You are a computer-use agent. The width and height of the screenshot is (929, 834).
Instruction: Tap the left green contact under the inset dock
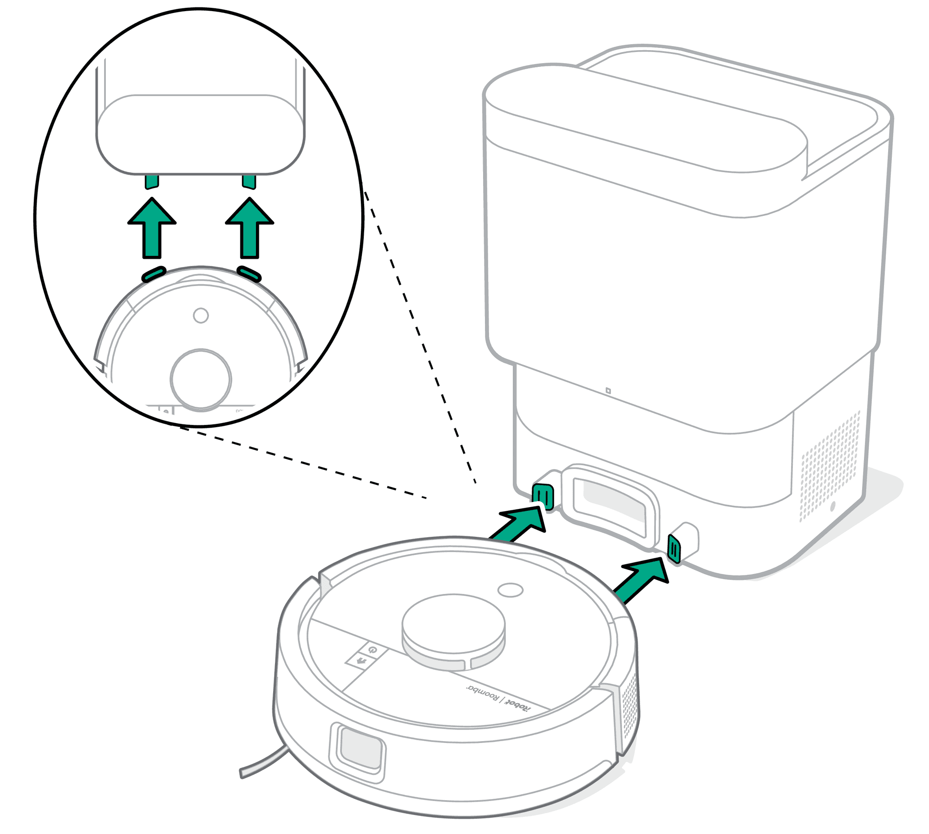click(152, 182)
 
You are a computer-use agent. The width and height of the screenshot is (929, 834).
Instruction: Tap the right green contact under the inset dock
click(249, 182)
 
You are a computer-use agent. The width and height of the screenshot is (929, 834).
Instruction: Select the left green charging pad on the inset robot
click(154, 274)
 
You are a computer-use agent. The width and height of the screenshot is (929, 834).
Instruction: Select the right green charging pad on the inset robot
click(249, 274)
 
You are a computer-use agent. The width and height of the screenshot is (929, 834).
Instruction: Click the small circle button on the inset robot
click(201, 316)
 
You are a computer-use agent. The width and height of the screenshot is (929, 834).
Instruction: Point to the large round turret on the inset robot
click(201, 379)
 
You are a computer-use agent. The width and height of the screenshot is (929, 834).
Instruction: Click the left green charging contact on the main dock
click(543, 496)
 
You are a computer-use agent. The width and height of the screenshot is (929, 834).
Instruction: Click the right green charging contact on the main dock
click(674, 549)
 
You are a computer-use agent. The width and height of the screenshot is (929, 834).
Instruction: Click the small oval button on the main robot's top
click(510, 590)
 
